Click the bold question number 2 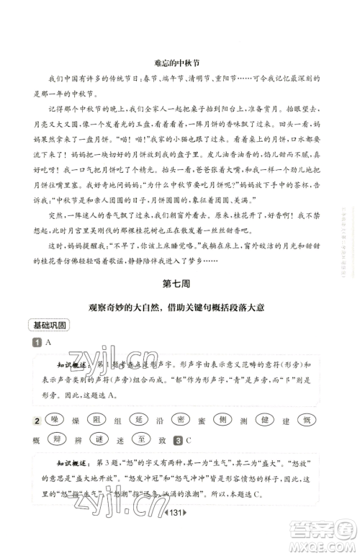pyautogui.click(x=35, y=421)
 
